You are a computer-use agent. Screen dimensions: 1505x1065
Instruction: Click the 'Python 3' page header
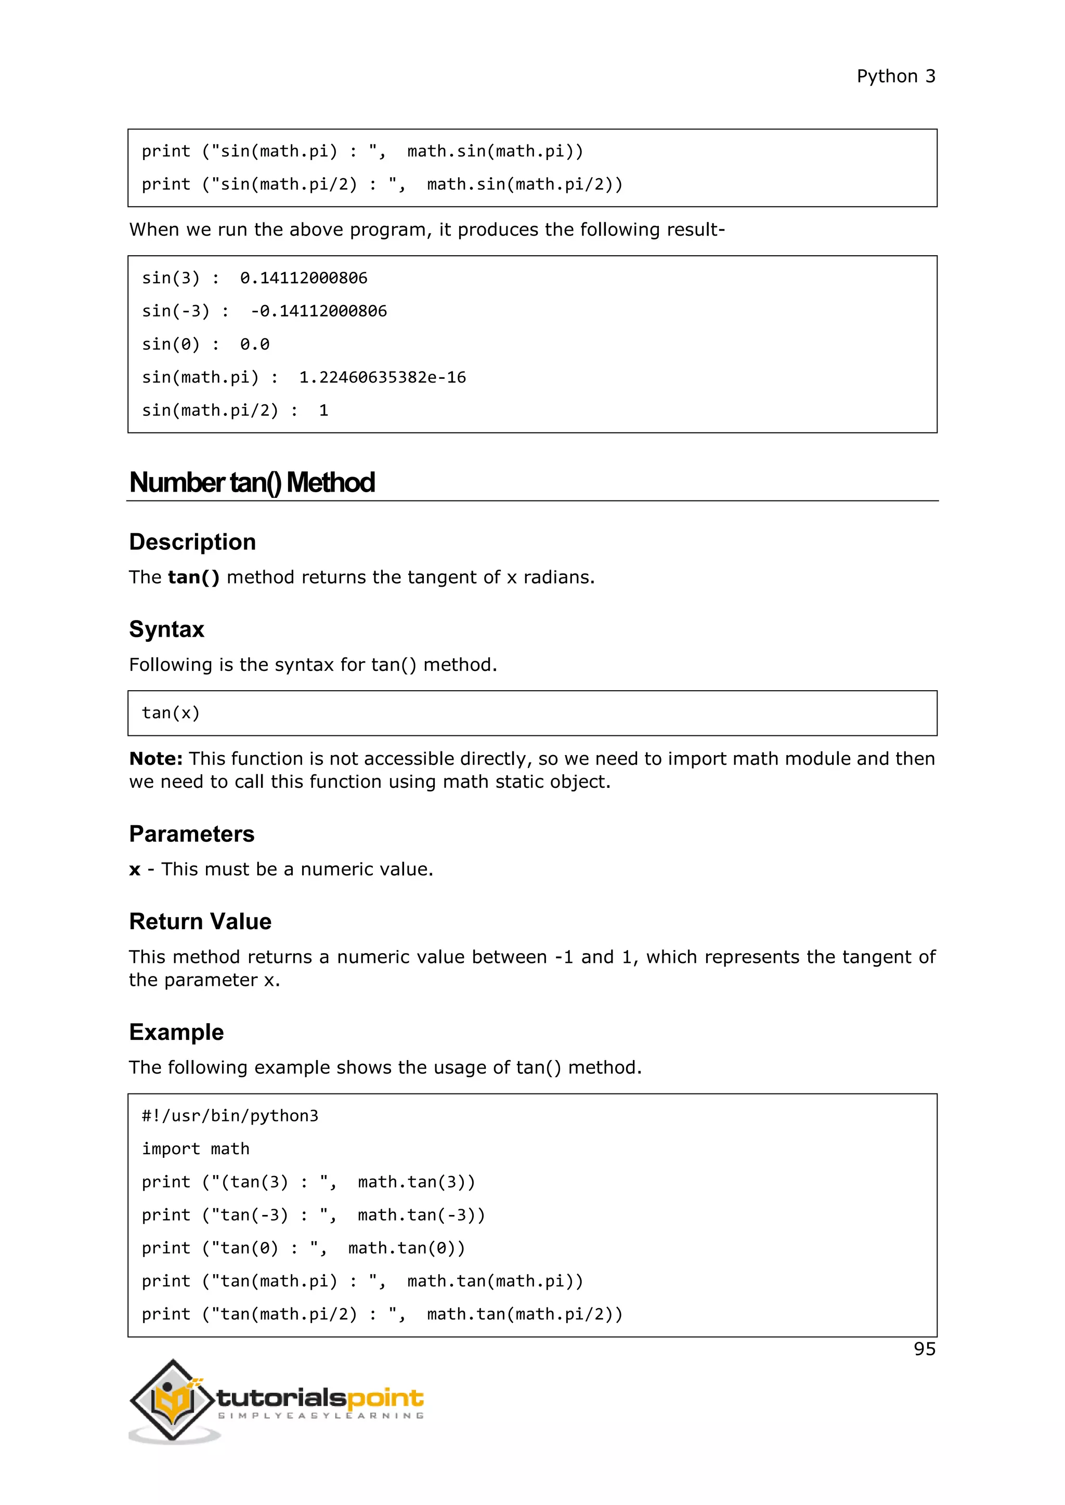click(x=896, y=77)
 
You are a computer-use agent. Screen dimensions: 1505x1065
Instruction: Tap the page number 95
click(x=924, y=1349)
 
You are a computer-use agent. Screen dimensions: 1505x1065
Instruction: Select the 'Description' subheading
click(x=192, y=542)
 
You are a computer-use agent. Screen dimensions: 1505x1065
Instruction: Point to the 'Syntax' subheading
click(x=166, y=629)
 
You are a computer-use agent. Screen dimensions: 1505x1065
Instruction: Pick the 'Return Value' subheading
click(x=200, y=921)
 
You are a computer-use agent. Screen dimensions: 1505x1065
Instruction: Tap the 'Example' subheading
click(x=176, y=1033)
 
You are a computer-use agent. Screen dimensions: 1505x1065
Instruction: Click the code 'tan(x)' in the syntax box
click(x=171, y=712)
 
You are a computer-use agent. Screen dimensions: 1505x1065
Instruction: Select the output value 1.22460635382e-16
click(x=382, y=378)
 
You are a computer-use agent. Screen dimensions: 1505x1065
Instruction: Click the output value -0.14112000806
click(x=319, y=311)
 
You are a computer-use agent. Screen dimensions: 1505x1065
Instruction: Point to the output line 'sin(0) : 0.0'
click(x=205, y=344)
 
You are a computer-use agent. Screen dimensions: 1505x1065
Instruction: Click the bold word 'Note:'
click(x=156, y=759)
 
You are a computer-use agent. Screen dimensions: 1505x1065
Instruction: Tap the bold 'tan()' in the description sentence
click(x=193, y=577)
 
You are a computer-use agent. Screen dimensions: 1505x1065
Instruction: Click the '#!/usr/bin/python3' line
click(x=229, y=1116)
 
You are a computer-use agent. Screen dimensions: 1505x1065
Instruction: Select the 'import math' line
click(x=196, y=1149)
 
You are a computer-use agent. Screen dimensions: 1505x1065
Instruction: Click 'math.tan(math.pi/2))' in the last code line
click(x=525, y=1314)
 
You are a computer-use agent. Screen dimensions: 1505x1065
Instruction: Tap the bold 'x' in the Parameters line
click(x=135, y=870)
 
